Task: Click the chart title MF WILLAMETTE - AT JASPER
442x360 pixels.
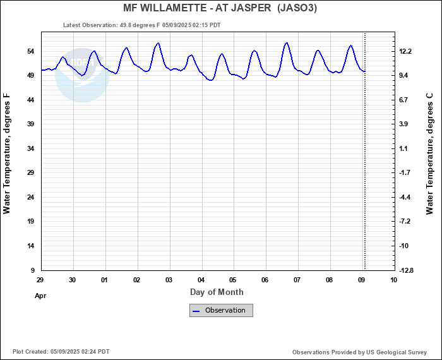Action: point(220,8)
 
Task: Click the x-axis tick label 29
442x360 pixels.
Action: point(40,280)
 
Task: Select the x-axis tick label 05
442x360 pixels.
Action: point(233,280)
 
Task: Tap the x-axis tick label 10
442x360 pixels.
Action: point(394,280)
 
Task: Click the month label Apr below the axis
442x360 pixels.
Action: point(40,295)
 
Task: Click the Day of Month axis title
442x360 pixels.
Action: point(217,292)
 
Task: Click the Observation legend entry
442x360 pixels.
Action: point(221,310)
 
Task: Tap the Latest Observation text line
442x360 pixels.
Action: point(141,25)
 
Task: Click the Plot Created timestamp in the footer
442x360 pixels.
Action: point(61,352)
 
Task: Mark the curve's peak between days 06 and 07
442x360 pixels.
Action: point(287,43)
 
